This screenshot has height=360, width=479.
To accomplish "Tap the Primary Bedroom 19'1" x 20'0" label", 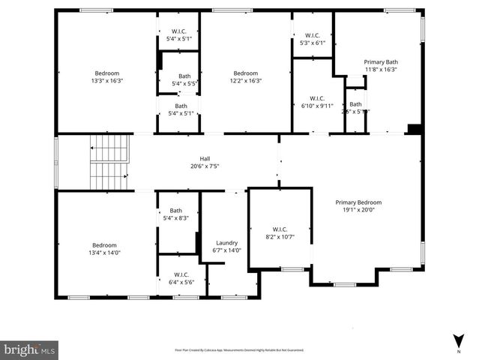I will point(358,206).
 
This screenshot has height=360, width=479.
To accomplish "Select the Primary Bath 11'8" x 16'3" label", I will point(380,65).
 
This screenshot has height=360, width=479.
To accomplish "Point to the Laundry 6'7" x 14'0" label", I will point(226,247).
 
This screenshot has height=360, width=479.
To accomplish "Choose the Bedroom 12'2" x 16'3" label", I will point(244,76).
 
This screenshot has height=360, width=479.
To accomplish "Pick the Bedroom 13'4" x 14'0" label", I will point(105,249).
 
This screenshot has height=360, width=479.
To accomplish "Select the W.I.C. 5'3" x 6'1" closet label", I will point(313,38).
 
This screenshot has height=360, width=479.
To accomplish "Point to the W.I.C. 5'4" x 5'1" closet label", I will point(178,34).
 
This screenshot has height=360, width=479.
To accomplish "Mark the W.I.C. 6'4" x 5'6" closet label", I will point(181,278).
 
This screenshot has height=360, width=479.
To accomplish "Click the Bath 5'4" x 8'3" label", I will point(175,214).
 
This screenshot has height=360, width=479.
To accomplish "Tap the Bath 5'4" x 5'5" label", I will point(184,79).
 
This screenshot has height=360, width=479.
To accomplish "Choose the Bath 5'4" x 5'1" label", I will point(181,109).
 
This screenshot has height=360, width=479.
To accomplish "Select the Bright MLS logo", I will point(30,349).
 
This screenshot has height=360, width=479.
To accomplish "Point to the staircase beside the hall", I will point(109,163).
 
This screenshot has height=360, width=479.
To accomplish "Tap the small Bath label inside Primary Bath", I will point(355,107).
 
